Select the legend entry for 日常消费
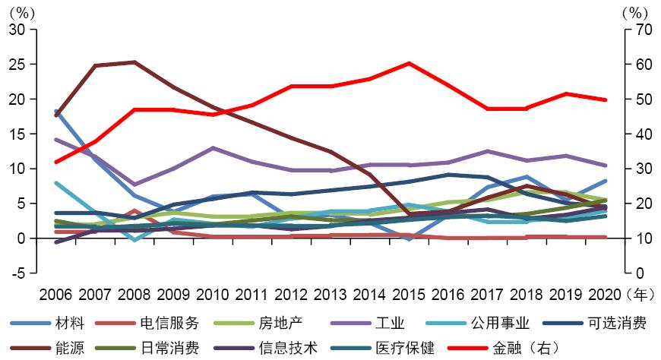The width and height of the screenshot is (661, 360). (169, 348)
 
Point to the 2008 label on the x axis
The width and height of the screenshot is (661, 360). (134, 293)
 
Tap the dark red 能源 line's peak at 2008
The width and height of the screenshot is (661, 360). (134, 62)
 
